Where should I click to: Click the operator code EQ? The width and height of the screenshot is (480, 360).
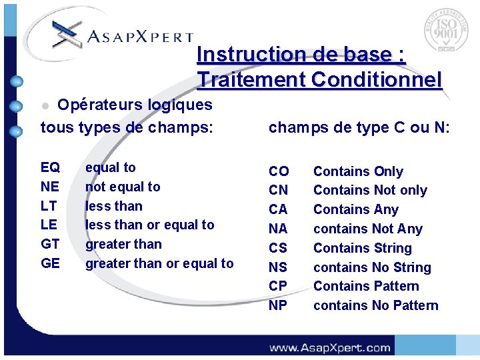(50, 167)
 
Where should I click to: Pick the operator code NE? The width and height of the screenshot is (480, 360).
(49, 187)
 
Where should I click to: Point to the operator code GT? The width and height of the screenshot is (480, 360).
(50, 244)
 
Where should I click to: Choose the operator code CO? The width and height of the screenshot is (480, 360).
(278, 171)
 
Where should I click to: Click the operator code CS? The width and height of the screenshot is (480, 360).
(278, 248)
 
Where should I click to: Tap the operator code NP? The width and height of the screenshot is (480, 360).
(278, 305)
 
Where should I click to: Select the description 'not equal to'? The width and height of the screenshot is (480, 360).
(123, 187)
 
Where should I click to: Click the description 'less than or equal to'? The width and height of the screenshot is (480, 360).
(149, 225)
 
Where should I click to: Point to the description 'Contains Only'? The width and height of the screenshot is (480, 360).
(358, 171)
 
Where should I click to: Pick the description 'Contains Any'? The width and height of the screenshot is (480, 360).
(355, 209)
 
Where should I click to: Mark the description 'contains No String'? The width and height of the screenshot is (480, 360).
(372, 267)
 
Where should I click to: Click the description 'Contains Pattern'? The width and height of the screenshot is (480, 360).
(366, 286)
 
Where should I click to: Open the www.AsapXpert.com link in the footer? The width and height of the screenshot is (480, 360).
(329, 347)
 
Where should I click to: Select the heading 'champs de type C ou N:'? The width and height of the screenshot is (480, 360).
(359, 127)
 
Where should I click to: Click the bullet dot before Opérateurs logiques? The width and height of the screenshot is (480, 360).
(45, 106)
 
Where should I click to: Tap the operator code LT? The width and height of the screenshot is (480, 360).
(49, 206)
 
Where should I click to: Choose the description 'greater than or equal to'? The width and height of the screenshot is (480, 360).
(159, 263)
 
